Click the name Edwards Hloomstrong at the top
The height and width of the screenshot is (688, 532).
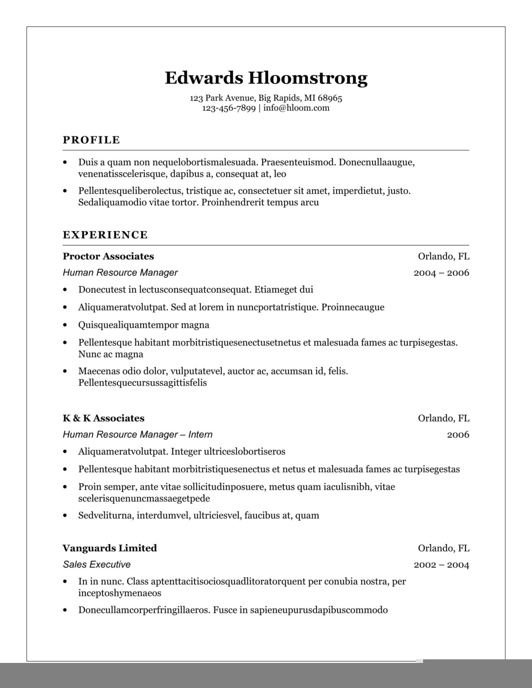(266, 78)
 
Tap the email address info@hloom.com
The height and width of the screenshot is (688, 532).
(296, 108)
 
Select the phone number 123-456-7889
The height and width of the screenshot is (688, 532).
(229, 108)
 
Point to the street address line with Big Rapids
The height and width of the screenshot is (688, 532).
(266, 98)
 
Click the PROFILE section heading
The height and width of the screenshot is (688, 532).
(91, 140)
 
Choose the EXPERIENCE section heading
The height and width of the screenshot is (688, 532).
(105, 235)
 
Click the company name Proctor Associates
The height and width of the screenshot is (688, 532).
(108, 256)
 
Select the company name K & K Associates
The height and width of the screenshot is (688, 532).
(104, 418)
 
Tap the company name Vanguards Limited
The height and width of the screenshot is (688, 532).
(110, 548)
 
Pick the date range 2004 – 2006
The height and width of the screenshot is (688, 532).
(441, 273)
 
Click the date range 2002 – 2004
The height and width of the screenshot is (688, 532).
(441, 565)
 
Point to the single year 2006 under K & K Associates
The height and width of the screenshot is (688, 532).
(458, 434)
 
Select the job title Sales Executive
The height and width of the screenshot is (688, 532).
(97, 564)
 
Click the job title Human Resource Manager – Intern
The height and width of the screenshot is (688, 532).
(138, 434)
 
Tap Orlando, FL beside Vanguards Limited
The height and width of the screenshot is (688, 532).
(443, 548)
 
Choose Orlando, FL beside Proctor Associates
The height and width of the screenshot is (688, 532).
(443, 256)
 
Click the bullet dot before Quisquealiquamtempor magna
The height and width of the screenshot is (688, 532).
(65, 325)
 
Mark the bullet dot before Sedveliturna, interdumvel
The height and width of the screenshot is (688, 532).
(65, 516)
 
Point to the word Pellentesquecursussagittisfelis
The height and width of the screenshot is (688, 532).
(143, 383)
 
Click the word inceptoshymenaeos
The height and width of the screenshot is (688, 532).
(120, 593)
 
